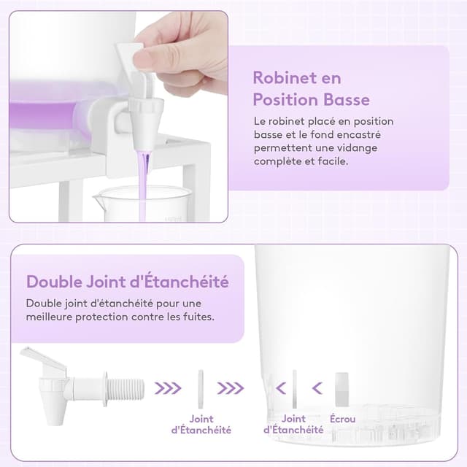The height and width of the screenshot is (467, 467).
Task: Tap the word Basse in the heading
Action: point(347,99)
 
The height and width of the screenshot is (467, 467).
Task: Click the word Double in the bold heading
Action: point(53,282)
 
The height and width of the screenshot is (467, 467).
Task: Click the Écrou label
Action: point(342,419)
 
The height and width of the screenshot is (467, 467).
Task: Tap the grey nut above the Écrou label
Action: point(342,389)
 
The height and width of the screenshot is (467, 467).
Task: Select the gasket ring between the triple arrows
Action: point(201,389)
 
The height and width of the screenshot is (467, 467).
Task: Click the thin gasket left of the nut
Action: point(295,389)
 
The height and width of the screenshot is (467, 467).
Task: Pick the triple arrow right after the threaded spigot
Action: point(168,388)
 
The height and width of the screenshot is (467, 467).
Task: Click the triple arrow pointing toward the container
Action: point(231,388)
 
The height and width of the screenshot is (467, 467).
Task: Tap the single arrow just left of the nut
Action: point(317,388)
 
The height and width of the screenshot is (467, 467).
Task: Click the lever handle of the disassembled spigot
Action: point(44,360)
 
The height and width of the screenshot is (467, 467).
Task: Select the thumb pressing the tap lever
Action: point(149,58)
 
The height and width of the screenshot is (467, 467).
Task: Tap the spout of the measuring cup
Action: point(98,197)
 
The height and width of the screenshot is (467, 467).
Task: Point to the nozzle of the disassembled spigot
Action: point(55,411)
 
